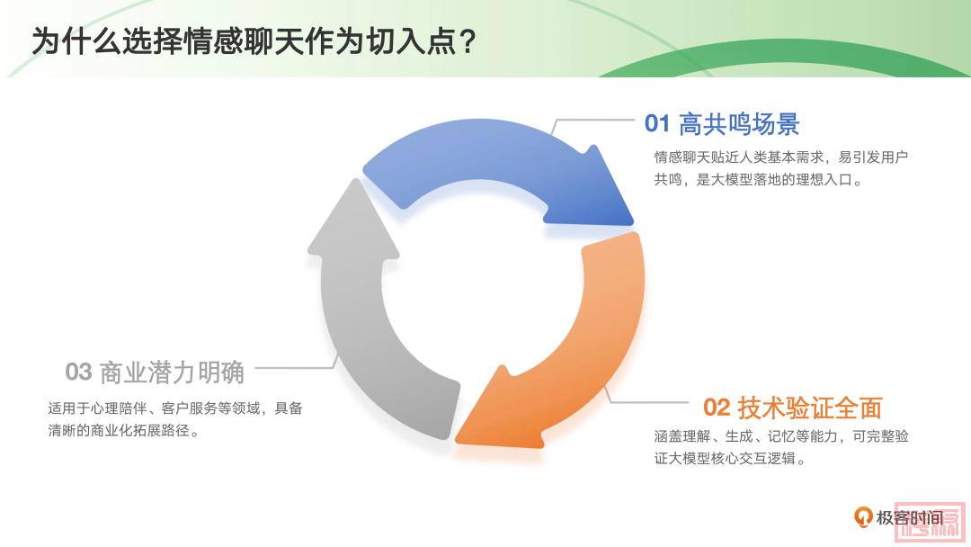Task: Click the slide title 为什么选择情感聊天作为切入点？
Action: tap(254, 42)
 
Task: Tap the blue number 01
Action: tap(657, 123)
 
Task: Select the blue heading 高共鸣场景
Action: tap(739, 124)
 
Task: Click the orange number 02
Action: tap(717, 407)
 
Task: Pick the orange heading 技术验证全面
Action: tap(810, 408)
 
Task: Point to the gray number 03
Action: tap(78, 372)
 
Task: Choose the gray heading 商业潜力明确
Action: tap(172, 372)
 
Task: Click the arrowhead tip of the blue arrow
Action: tap(633, 223)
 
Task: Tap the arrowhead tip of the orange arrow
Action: tap(457, 442)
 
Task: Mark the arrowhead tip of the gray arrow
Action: tap(355, 180)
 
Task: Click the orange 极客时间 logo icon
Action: tap(862, 516)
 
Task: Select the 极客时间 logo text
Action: tap(909, 517)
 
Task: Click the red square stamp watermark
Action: tap(931, 521)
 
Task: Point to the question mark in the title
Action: tap(468, 42)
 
